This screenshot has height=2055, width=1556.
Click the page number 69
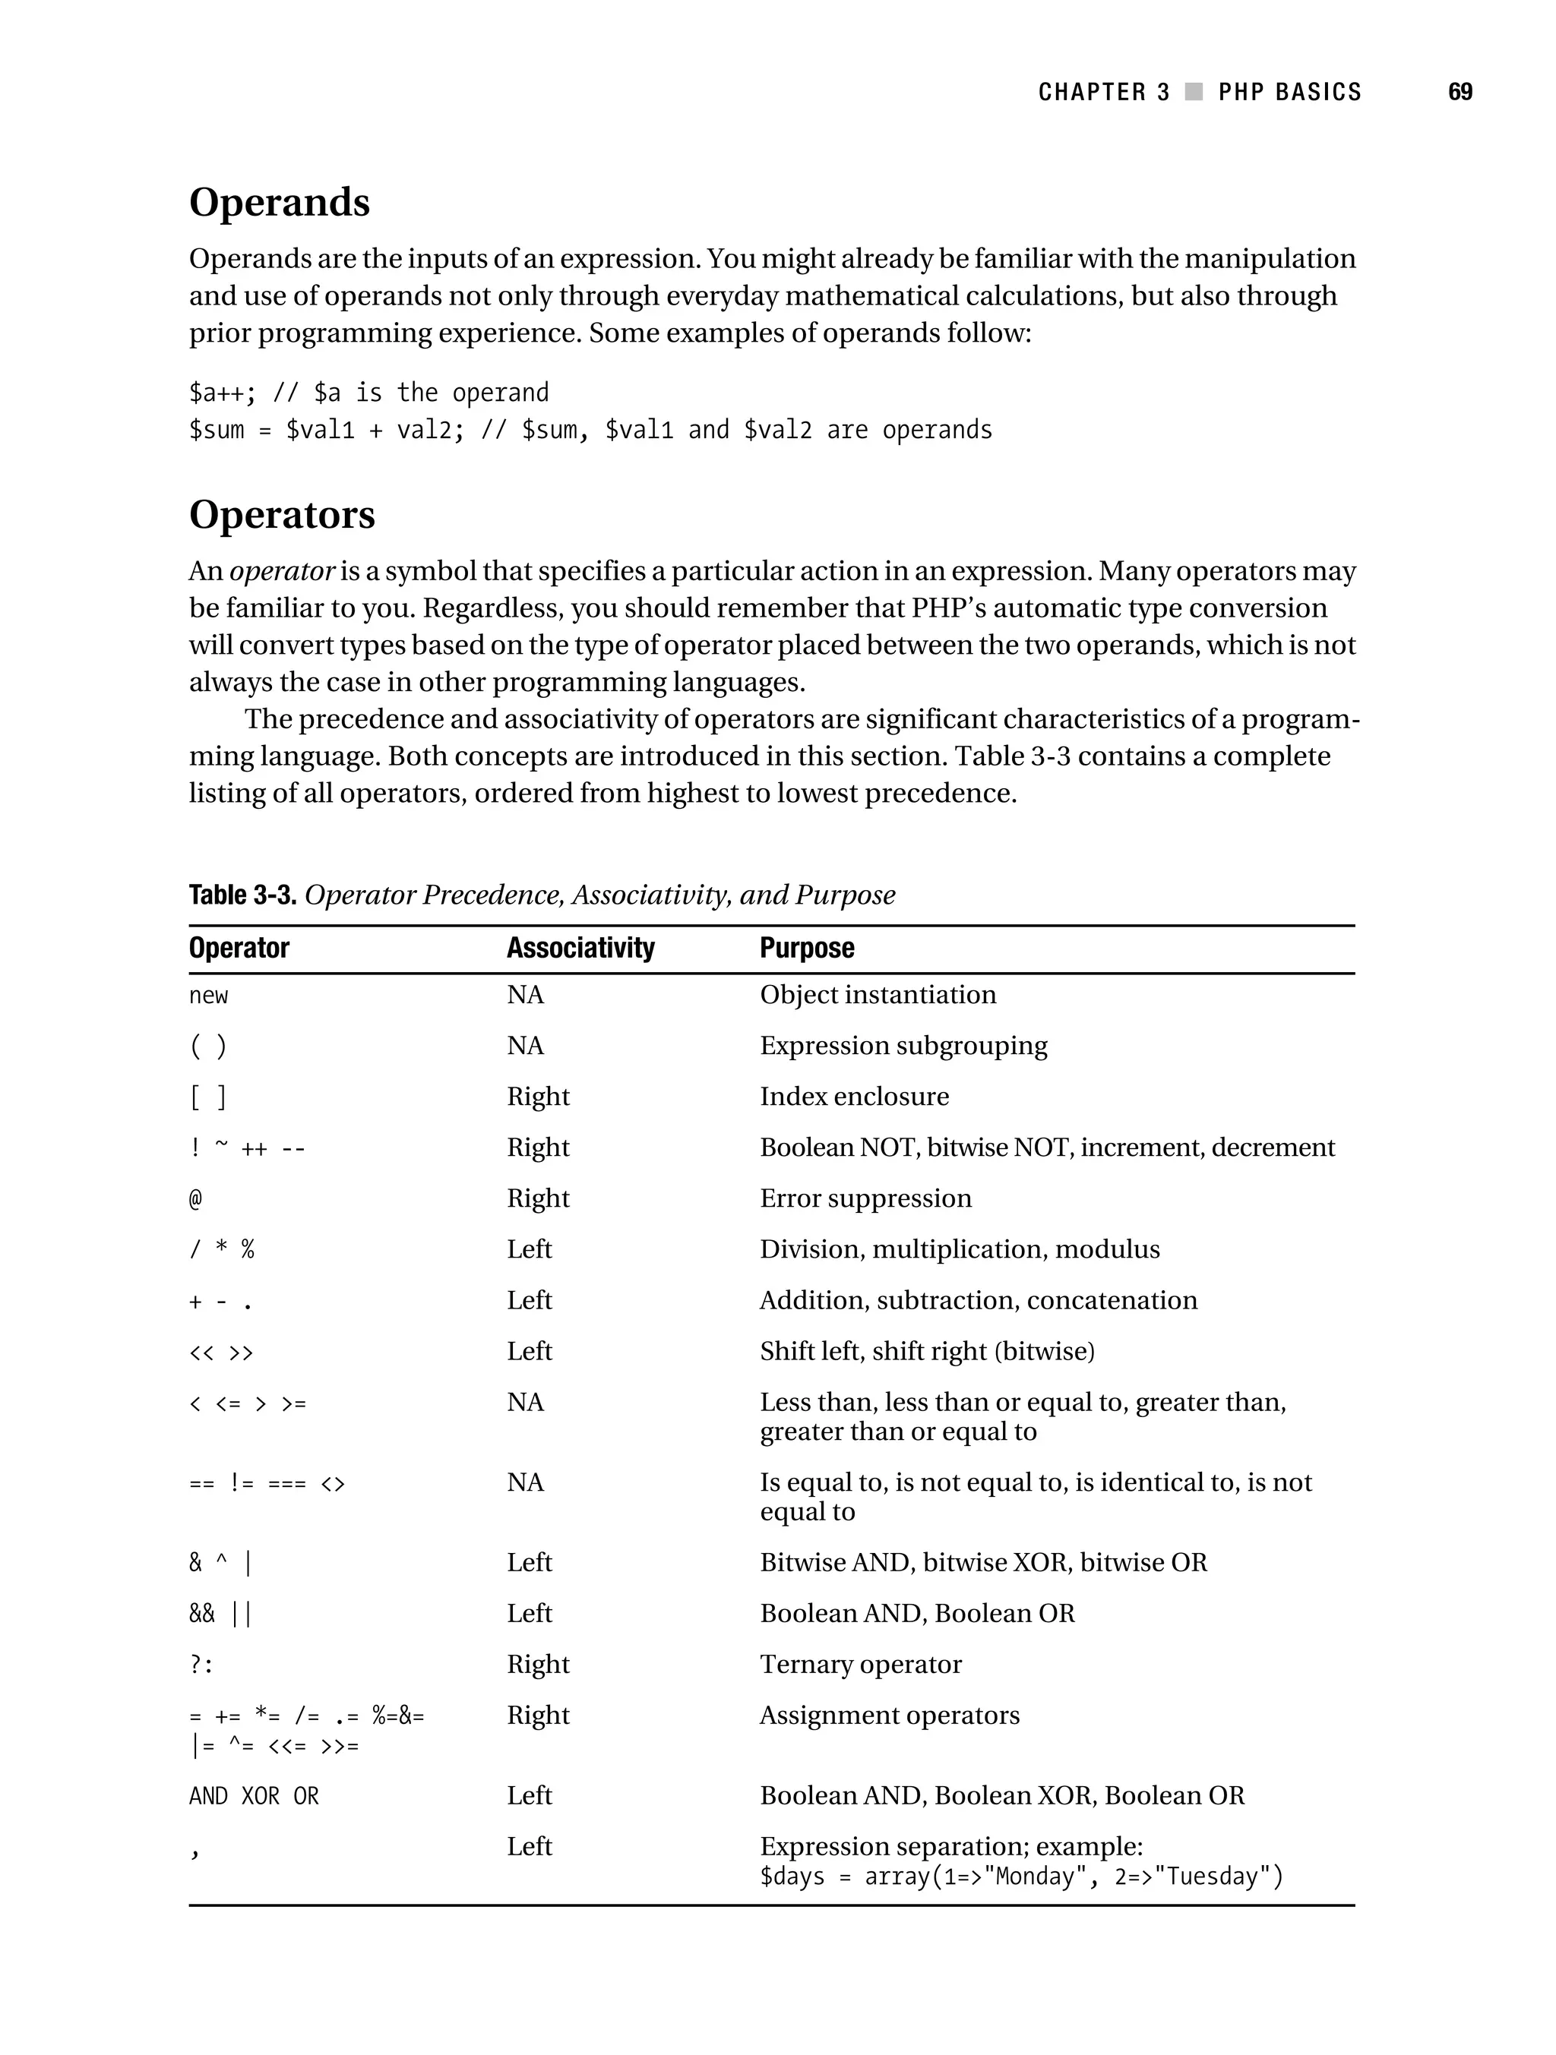coord(1460,92)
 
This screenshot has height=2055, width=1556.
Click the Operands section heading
coord(279,203)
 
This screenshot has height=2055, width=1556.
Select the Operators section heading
coord(282,515)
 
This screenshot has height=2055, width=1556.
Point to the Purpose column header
coord(806,948)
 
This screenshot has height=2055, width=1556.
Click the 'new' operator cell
coord(208,996)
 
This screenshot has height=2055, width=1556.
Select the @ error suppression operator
coord(195,1199)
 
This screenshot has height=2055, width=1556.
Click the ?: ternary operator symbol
coord(201,1665)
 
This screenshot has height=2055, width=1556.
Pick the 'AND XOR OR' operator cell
coord(253,1797)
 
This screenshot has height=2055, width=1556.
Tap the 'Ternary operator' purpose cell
coord(860,1664)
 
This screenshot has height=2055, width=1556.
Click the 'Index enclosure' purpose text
coord(853,1097)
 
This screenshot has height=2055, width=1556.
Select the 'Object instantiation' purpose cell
coord(878,995)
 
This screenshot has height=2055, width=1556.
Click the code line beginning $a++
coord(368,393)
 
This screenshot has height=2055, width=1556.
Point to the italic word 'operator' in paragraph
coord(280,571)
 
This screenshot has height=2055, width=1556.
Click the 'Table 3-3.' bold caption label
coord(242,895)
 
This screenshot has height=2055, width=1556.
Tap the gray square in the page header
coord(1194,92)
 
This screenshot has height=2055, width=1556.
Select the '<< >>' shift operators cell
coord(220,1352)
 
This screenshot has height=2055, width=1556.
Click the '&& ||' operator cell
coord(220,1614)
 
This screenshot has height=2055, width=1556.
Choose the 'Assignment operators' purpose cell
coord(889,1715)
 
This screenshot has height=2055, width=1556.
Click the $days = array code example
coord(1020,1877)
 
